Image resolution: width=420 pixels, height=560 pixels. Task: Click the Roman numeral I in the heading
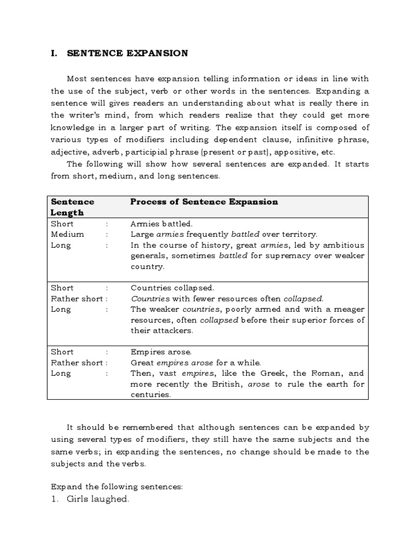[53, 53]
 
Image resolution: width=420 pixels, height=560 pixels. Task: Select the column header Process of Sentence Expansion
[203, 202]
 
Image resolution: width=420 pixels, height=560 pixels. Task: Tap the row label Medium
[67, 234]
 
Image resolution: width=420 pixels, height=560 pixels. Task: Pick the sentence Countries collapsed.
[172, 288]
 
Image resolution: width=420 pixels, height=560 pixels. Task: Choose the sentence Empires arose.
[161, 352]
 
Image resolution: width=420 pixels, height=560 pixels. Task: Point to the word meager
[350, 310]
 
